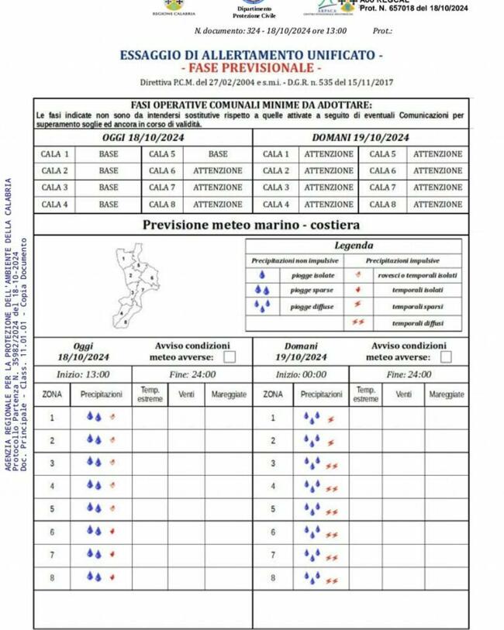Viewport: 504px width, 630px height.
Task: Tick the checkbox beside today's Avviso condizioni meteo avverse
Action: pyautogui.click(x=230, y=356)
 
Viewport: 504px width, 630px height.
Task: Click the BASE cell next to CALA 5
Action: pyautogui.click(x=218, y=154)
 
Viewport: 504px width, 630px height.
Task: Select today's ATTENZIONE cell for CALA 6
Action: pyautogui.click(x=218, y=170)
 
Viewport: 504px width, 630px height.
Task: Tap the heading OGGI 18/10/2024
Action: pyautogui.click(x=143, y=137)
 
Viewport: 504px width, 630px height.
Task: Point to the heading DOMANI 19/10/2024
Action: pyautogui.click(x=361, y=137)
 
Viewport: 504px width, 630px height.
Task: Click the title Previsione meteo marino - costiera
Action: pyautogui.click(x=250, y=225)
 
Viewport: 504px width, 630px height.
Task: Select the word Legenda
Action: pyautogui.click(x=353, y=246)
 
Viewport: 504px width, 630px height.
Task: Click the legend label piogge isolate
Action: pyautogui.click(x=313, y=275)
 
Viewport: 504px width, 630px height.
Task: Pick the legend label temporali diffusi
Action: pyautogui.click(x=417, y=322)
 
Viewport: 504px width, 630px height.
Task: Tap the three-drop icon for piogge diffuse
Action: pyautogui.click(x=262, y=307)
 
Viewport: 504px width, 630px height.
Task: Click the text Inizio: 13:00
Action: pyautogui.click(x=82, y=374)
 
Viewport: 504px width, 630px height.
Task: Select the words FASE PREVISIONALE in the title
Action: pyautogui.click(x=250, y=68)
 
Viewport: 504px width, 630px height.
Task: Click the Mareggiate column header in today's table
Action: pyautogui.click(x=230, y=394)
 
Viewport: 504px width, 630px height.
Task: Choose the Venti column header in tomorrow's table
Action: pyautogui.click(x=404, y=394)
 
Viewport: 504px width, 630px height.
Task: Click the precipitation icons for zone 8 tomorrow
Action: pyautogui.click(x=319, y=578)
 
